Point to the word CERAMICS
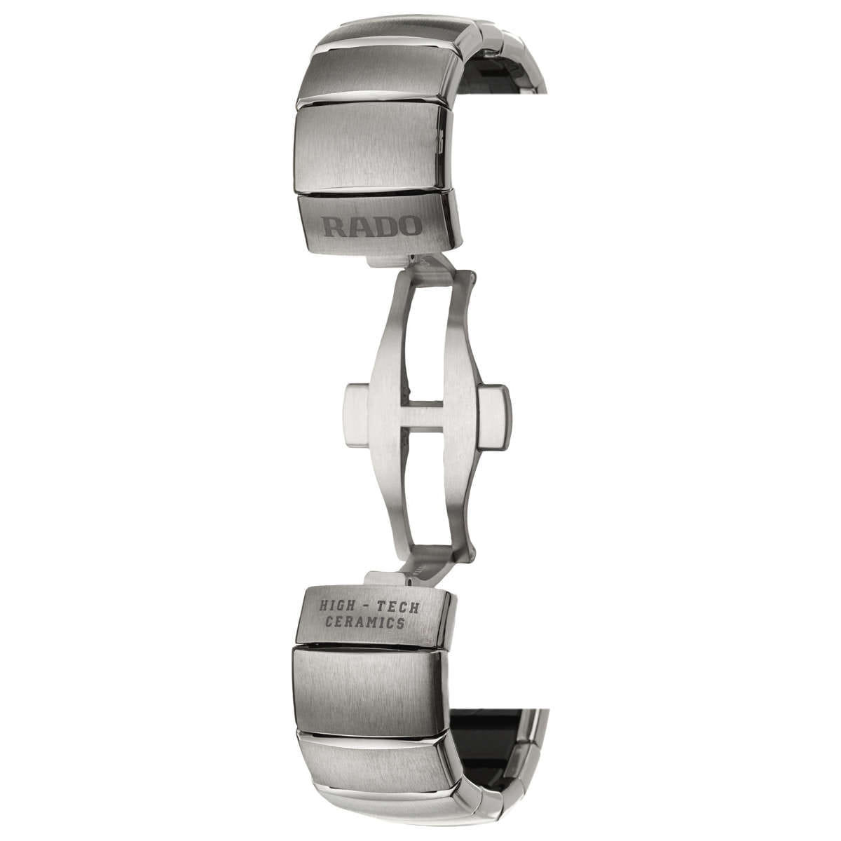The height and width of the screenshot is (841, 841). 364,622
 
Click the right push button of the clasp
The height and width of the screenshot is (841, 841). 493,416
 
